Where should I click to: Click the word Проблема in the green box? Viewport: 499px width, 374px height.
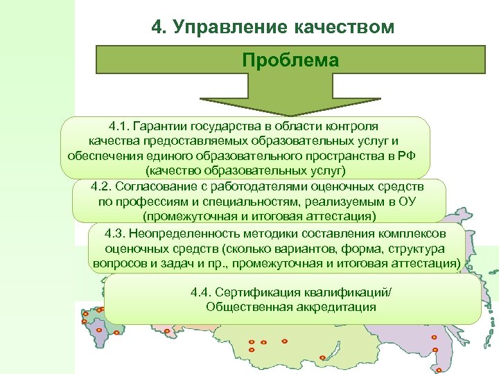coord(290,60)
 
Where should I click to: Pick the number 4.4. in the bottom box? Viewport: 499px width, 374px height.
coord(202,292)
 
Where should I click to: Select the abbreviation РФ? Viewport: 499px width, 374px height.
coord(407,155)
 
